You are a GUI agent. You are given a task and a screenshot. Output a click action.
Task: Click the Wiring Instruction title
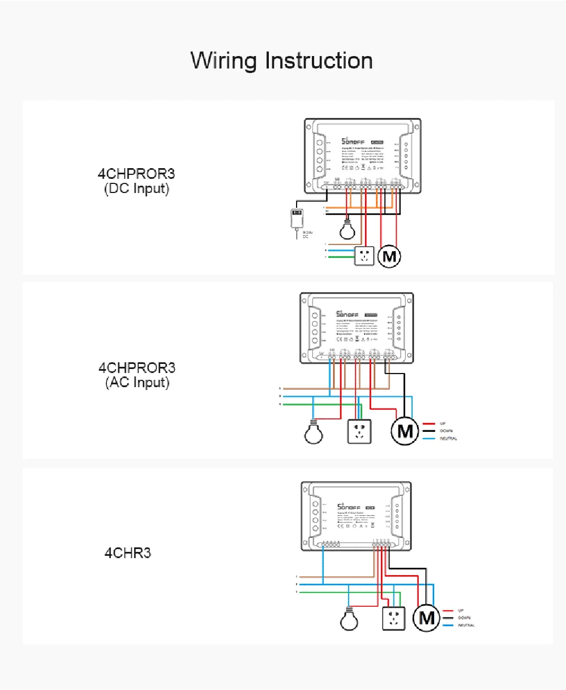tap(281, 61)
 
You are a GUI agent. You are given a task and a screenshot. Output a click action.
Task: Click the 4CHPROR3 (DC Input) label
tap(136, 181)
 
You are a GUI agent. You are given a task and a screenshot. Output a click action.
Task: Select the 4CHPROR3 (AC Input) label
tap(137, 375)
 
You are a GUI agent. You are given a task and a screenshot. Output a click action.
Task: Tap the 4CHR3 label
tap(128, 552)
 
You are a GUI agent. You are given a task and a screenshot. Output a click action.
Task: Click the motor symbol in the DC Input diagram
tap(389, 256)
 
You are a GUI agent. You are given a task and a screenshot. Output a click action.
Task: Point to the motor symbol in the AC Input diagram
tap(405, 431)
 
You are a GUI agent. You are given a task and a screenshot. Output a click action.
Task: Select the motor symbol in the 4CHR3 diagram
tap(426, 618)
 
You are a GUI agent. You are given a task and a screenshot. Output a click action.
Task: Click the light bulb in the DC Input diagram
tap(347, 230)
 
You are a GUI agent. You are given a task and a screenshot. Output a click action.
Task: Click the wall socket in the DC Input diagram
tap(365, 256)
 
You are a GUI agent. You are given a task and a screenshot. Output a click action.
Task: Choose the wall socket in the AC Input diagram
tap(359, 431)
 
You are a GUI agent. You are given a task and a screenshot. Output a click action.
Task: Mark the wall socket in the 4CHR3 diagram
tap(394, 618)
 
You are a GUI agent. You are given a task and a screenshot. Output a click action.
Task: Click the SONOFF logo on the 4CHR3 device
tap(348, 507)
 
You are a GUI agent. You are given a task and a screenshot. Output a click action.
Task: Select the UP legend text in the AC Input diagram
tap(443, 423)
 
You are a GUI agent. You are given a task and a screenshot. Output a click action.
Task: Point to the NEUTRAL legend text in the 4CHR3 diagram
tap(466, 625)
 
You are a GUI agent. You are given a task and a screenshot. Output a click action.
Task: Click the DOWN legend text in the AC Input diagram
tap(446, 431)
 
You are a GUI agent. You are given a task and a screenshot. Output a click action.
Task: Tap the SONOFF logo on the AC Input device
tap(346, 314)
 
